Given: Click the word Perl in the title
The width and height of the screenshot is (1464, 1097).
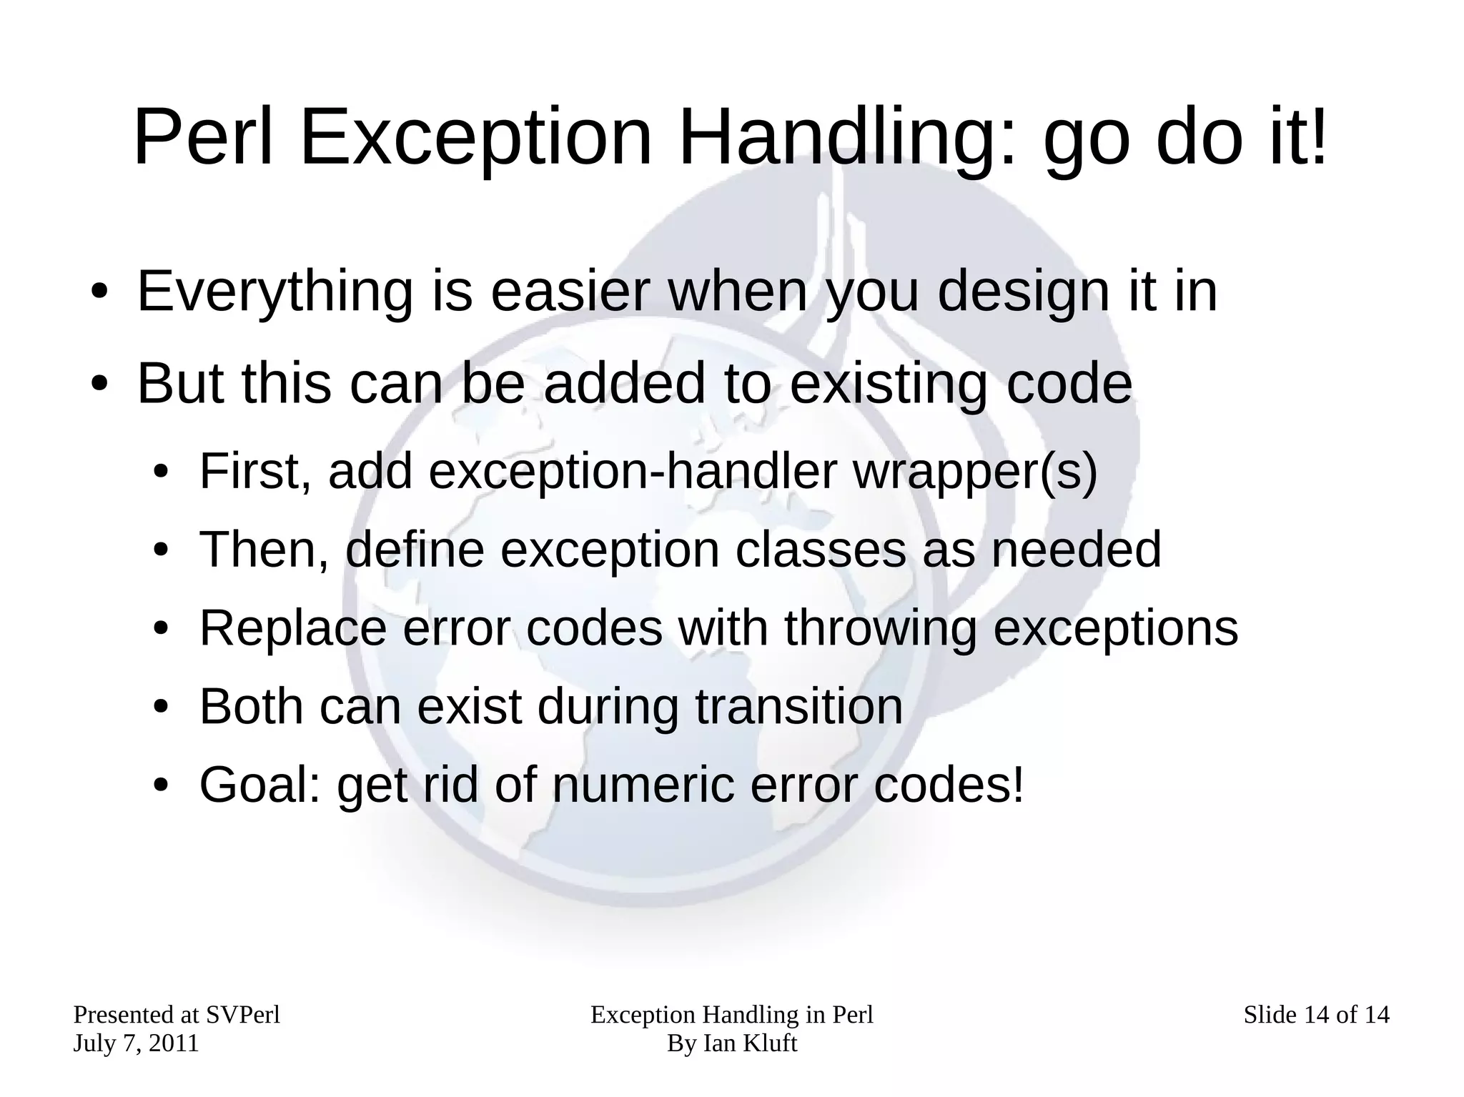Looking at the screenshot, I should click(x=204, y=137).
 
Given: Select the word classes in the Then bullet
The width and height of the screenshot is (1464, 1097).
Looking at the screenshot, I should click(x=820, y=550).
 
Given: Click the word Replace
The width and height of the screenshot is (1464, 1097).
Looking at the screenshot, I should click(x=292, y=628).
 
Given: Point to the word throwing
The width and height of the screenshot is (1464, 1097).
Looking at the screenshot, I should click(x=880, y=628).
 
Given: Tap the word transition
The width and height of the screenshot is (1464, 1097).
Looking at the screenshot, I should click(x=799, y=707).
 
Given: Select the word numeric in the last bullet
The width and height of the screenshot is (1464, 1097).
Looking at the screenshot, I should click(x=643, y=785).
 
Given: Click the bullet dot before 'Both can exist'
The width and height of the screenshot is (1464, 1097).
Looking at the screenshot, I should click(x=162, y=708).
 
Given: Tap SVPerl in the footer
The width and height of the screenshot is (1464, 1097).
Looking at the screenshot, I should click(x=243, y=1015).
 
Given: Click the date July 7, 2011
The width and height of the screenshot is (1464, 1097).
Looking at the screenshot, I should click(x=136, y=1043).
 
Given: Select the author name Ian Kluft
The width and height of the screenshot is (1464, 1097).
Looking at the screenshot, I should click(x=750, y=1043).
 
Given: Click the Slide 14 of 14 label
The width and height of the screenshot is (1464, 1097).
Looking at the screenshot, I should click(x=1316, y=1015).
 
